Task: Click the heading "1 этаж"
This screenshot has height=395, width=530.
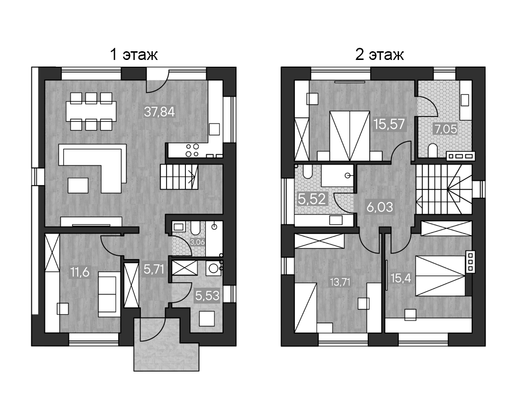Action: pyautogui.click(x=134, y=54)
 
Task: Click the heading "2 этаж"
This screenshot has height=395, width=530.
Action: pyautogui.click(x=379, y=54)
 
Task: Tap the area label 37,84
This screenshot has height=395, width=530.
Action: pyautogui.click(x=159, y=112)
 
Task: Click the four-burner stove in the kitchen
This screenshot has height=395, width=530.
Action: pyautogui.click(x=192, y=150)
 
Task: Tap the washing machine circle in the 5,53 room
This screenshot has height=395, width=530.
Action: pyautogui.click(x=212, y=269)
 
